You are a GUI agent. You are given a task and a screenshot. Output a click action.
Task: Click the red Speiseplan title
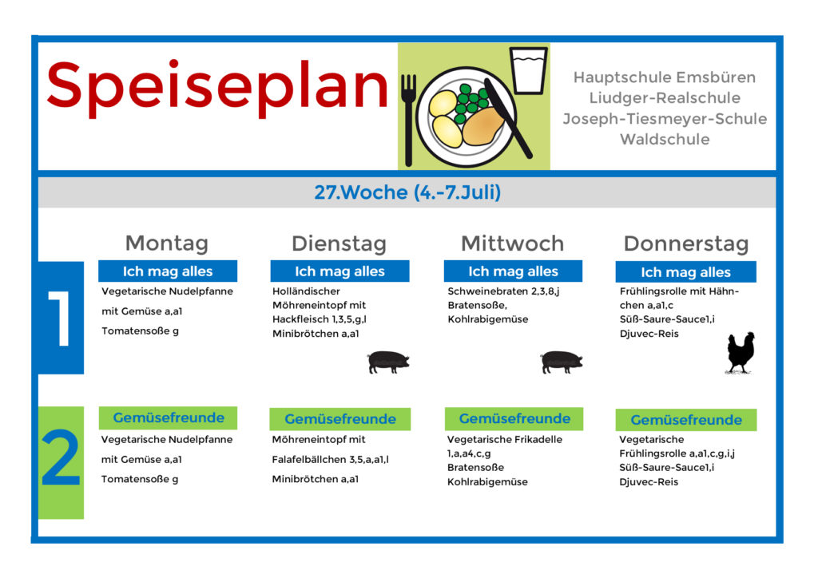pyautogui.click(x=217, y=87)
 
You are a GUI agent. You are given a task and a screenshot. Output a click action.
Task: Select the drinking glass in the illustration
pyautogui.click(x=529, y=70)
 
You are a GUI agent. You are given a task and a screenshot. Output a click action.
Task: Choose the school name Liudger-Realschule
pyautogui.click(x=665, y=98)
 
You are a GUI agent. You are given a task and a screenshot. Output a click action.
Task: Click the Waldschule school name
pyautogui.click(x=665, y=139)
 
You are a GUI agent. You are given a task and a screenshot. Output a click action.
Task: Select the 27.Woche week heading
pyautogui.click(x=407, y=192)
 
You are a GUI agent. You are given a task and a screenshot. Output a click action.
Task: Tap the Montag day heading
pyautogui.click(x=167, y=243)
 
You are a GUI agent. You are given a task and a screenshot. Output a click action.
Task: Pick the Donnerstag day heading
pyautogui.click(x=686, y=243)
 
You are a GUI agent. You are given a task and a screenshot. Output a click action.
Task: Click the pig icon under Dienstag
pyautogui.click(x=388, y=362)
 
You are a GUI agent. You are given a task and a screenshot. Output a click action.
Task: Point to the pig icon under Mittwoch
pyautogui.click(x=562, y=362)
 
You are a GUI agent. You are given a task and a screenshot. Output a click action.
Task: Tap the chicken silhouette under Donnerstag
pyautogui.click(x=741, y=353)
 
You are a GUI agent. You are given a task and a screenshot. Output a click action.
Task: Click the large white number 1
pyautogui.click(x=60, y=318)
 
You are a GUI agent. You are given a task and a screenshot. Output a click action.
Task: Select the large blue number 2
pyautogui.click(x=61, y=457)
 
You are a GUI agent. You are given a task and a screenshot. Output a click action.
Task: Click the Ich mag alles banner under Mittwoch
pyautogui.click(x=513, y=271)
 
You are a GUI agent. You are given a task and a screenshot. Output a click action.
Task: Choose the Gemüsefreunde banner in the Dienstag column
pyautogui.click(x=340, y=419)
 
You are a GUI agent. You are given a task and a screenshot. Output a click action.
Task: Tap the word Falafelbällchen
pyautogui.click(x=309, y=459)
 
